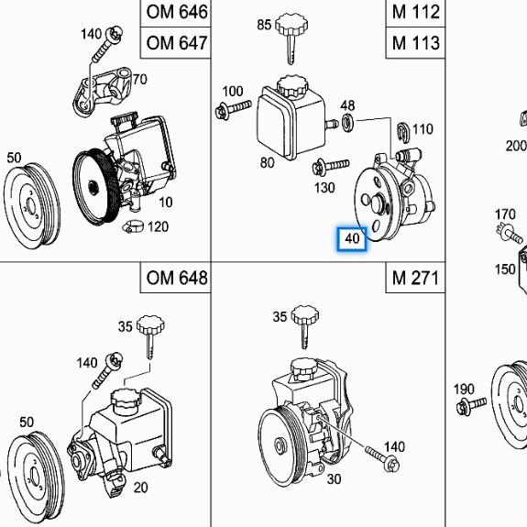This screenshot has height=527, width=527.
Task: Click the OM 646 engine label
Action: pos(177,12)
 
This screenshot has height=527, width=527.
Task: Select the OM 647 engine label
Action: pos(177,43)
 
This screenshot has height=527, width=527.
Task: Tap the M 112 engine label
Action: pos(416,12)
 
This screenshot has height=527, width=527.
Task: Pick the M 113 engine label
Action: pos(416,43)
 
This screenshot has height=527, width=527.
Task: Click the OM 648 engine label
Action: pos(177,278)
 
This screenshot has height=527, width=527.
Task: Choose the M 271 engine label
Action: pos(415,278)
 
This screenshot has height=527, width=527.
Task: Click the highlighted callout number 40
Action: pos(352,238)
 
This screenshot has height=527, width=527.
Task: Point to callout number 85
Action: pos(264,25)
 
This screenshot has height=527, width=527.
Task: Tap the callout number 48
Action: pos(347,105)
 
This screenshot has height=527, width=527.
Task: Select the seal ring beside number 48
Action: pos(348,123)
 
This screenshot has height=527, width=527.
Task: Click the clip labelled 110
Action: pos(402,131)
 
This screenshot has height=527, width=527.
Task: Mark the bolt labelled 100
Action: pos(233,109)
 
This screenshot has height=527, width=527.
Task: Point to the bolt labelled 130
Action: pos(330,167)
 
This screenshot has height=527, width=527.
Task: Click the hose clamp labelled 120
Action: pos(133,227)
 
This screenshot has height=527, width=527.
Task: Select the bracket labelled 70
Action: pos(102,91)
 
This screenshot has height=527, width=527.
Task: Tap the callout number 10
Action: pos(165,203)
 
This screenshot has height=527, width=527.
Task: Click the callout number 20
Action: pos(140,488)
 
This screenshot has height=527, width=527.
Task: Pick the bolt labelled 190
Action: pos(471,405)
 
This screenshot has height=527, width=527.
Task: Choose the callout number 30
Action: pos(334,479)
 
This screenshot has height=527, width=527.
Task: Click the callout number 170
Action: pos(505,214)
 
